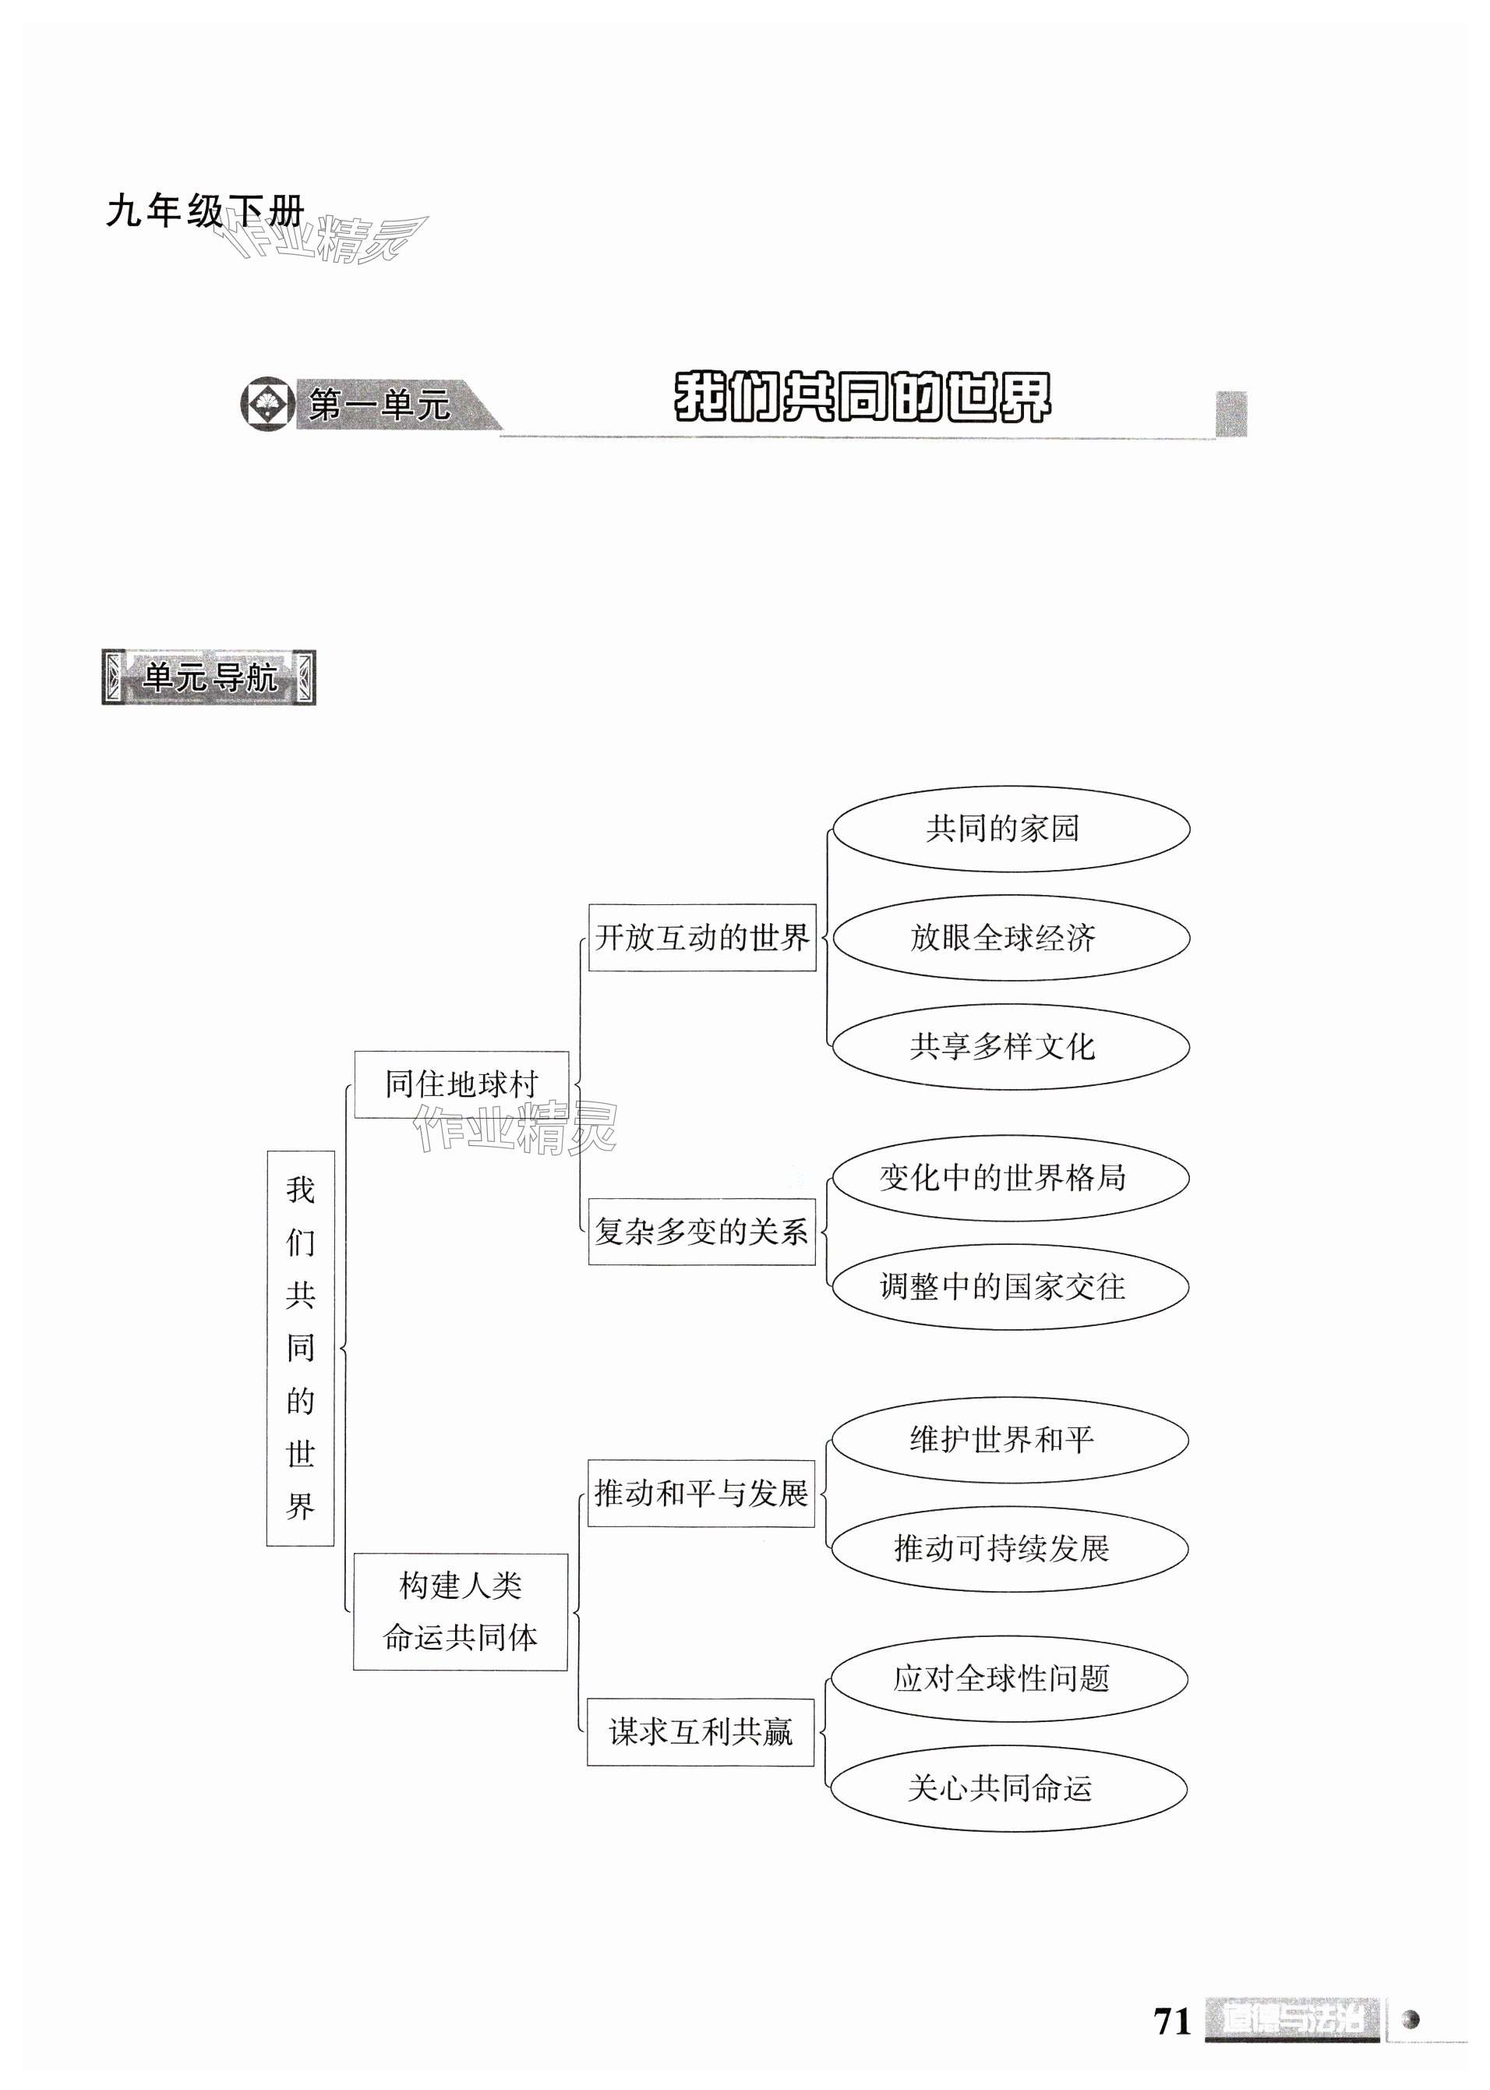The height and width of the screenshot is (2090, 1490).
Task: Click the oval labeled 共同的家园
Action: click(1010, 829)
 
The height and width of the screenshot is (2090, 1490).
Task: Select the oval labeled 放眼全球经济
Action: click(1010, 937)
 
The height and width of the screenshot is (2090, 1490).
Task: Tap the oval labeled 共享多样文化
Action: click(1010, 1046)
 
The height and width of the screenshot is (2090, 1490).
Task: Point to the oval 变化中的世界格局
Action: click(1010, 1178)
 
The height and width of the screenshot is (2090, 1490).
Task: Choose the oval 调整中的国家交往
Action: click(1010, 1286)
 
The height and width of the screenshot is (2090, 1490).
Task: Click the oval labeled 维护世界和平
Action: click(1009, 1439)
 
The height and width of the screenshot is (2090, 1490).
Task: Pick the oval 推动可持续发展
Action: click(1009, 1548)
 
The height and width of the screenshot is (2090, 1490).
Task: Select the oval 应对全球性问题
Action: click(1008, 1679)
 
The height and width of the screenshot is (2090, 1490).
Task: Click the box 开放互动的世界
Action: click(702, 937)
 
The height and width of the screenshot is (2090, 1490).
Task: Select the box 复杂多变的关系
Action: click(702, 1231)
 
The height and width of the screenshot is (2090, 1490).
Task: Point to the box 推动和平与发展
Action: click(701, 1494)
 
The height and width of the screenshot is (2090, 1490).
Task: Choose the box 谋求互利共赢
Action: click(701, 1732)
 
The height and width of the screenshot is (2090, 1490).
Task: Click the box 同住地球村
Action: click(461, 1084)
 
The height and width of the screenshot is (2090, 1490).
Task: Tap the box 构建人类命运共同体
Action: click(461, 1612)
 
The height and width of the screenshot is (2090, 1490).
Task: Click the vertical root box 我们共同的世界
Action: click(300, 1349)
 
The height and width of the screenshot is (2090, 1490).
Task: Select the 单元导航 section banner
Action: click(209, 678)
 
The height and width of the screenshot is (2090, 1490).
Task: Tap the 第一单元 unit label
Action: click(379, 405)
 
